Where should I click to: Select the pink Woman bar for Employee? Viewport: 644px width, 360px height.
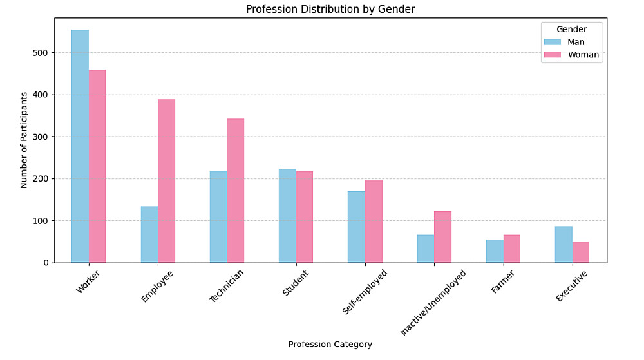tap(166, 181)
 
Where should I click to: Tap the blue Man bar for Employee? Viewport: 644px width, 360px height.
tap(149, 234)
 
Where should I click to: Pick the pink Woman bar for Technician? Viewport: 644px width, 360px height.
tap(235, 191)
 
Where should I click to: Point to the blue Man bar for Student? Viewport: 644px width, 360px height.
tap(287, 216)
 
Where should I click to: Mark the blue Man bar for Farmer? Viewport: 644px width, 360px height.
tap(495, 251)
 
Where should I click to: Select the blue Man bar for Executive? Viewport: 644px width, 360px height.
tap(563, 245)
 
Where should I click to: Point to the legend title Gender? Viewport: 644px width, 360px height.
tap(572, 29)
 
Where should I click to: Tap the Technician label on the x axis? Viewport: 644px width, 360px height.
tap(225, 287)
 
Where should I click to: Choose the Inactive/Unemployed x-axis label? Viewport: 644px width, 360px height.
tap(433, 302)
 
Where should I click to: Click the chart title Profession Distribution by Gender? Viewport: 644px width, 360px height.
tap(330, 9)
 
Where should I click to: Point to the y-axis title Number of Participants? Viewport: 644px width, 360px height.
tap(24, 140)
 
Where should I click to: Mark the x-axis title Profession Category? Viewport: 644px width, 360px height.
tap(330, 345)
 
